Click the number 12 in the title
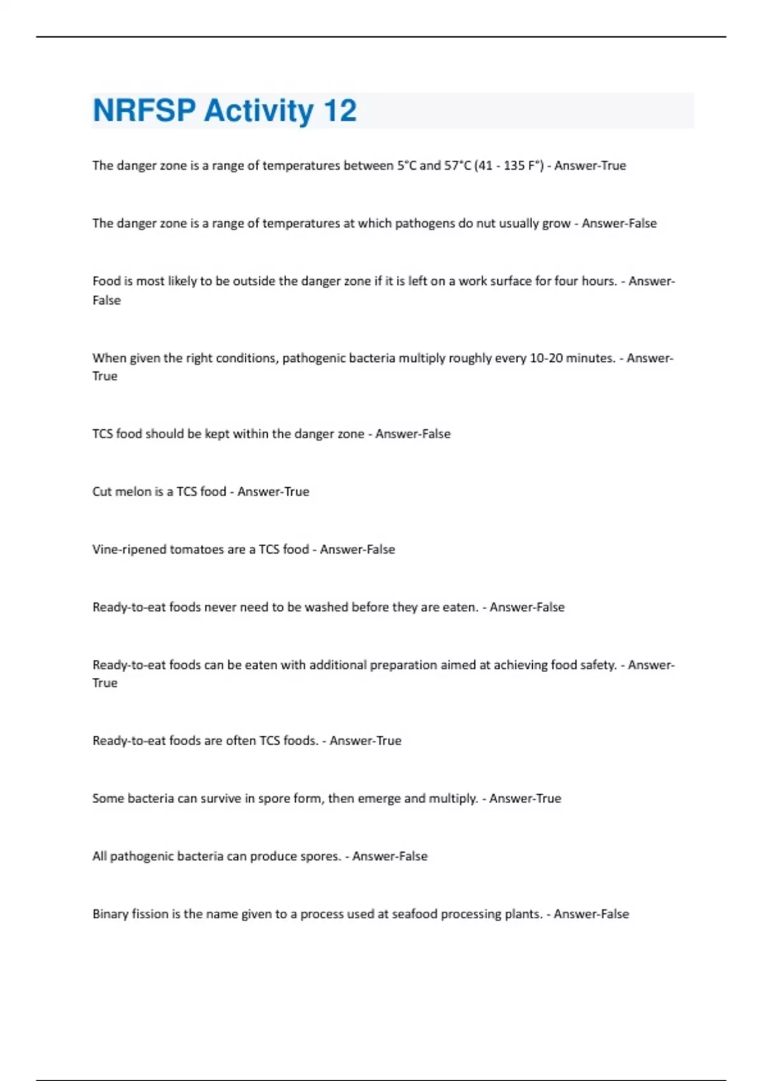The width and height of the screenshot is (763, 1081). pos(340,111)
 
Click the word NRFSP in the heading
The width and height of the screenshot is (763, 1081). pos(144,111)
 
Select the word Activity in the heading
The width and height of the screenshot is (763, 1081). pos(259,111)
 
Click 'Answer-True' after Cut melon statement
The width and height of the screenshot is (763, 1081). pos(273,492)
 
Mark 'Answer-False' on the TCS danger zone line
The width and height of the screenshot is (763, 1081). pos(413,434)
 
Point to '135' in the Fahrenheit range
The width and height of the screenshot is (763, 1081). pos(514,165)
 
